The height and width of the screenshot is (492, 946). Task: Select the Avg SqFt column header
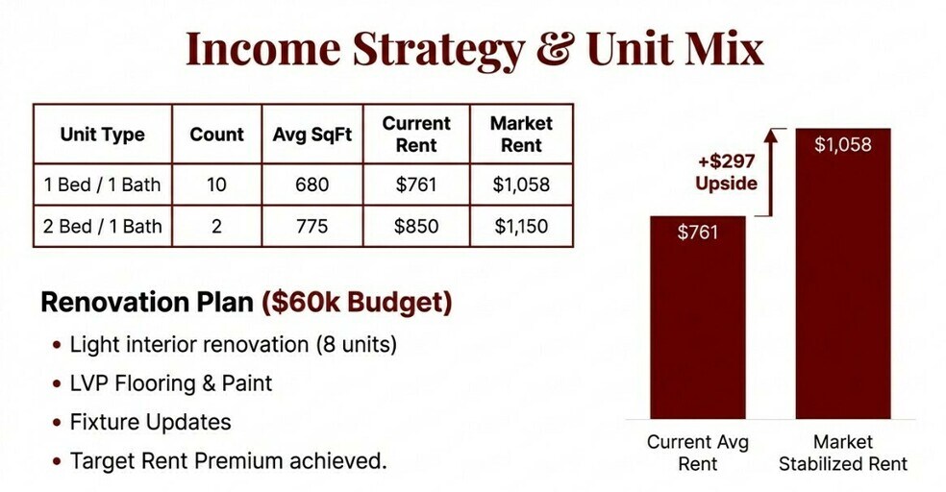click(311, 134)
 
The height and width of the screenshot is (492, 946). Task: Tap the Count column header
click(216, 134)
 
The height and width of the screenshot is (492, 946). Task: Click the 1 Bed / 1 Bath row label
click(103, 184)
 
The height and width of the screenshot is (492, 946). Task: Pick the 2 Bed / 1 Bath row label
click(103, 226)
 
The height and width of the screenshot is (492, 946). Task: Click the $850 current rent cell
click(415, 226)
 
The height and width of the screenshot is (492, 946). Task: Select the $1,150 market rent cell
click(521, 226)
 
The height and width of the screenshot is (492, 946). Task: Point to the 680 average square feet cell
click(311, 184)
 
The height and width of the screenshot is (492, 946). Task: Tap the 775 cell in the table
click(311, 226)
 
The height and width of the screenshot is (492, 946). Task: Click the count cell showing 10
click(216, 184)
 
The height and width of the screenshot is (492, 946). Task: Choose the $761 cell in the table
click(415, 184)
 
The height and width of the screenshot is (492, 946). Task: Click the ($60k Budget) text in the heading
click(357, 302)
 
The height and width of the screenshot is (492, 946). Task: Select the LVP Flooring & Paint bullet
click(171, 382)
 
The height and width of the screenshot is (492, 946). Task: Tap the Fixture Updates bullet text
click(150, 422)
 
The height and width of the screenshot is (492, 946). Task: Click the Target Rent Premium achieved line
click(228, 460)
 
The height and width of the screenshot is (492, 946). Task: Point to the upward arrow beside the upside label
click(770, 172)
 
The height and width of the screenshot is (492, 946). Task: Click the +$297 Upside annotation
click(726, 172)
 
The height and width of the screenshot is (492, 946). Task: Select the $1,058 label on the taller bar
click(843, 145)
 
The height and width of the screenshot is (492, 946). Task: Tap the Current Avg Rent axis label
click(697, 453)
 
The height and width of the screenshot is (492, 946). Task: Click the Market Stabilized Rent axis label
click(843, 453)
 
